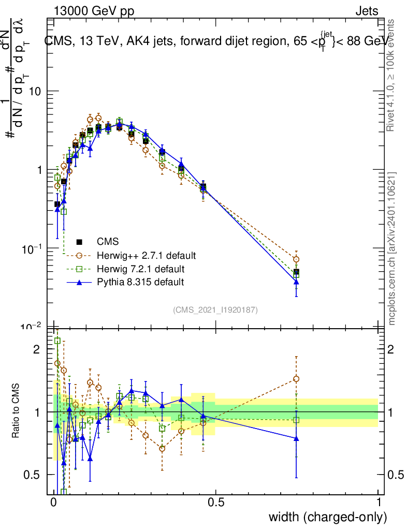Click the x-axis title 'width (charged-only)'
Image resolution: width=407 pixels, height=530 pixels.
coord(327,517)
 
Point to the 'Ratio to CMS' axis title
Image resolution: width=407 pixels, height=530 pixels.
coord(17,411)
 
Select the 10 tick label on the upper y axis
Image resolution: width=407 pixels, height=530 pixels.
coord(33,91)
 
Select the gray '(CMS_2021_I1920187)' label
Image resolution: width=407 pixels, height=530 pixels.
coord(215,310)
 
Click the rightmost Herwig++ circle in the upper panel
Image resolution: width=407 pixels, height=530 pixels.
coord(296,259)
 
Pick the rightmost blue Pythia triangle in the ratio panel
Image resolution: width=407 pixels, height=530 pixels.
coord(296,438)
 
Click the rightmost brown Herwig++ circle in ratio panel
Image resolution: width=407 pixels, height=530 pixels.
coord(296,379)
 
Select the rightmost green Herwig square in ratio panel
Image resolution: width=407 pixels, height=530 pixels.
coord(296,420)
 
